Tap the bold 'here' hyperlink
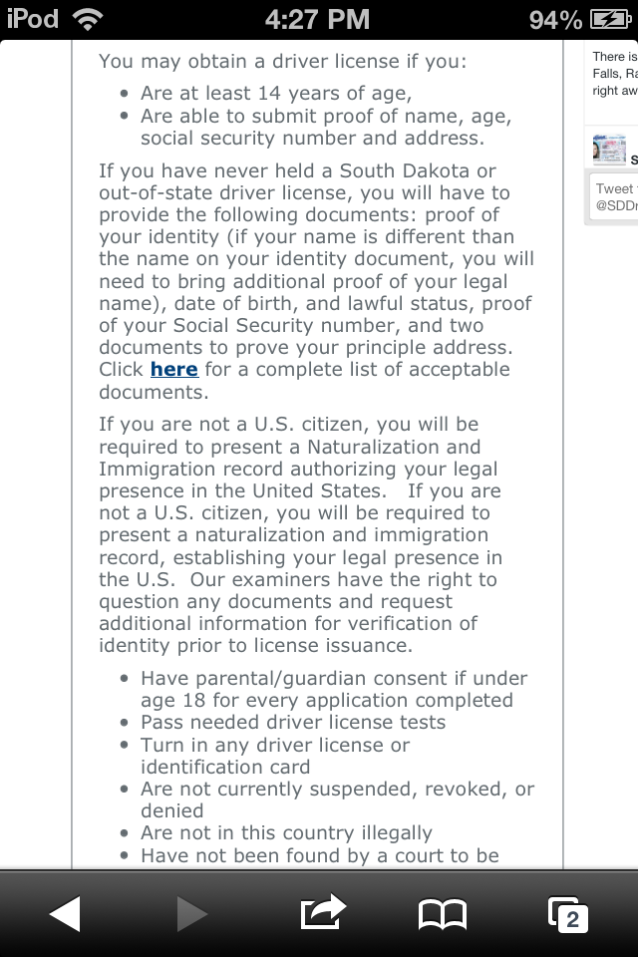(x=174, y=370)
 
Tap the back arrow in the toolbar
(x=65, y=912)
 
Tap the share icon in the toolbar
(x=322, y=911)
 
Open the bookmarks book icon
(x=442, y=913)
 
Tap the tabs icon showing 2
(x=568, y=914)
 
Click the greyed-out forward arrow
(x=191, y=912)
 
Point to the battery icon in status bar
(x=609, y=19)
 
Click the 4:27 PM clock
(x=318, y=19)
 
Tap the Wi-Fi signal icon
(x=88, y=19)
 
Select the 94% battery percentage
(x=556, y=19)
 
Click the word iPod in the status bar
(x=33, y=19)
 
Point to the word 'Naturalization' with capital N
(x=369, y=448)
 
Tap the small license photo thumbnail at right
(x=609, y=150)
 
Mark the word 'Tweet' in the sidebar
(x=614, y=188)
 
